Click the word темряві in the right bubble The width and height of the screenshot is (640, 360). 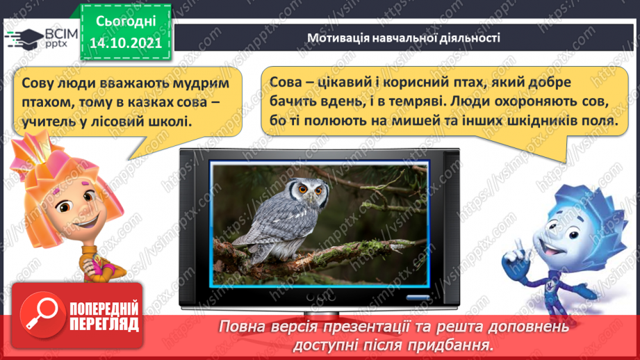(411, 101)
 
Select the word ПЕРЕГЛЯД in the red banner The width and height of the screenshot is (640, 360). (104, 325)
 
